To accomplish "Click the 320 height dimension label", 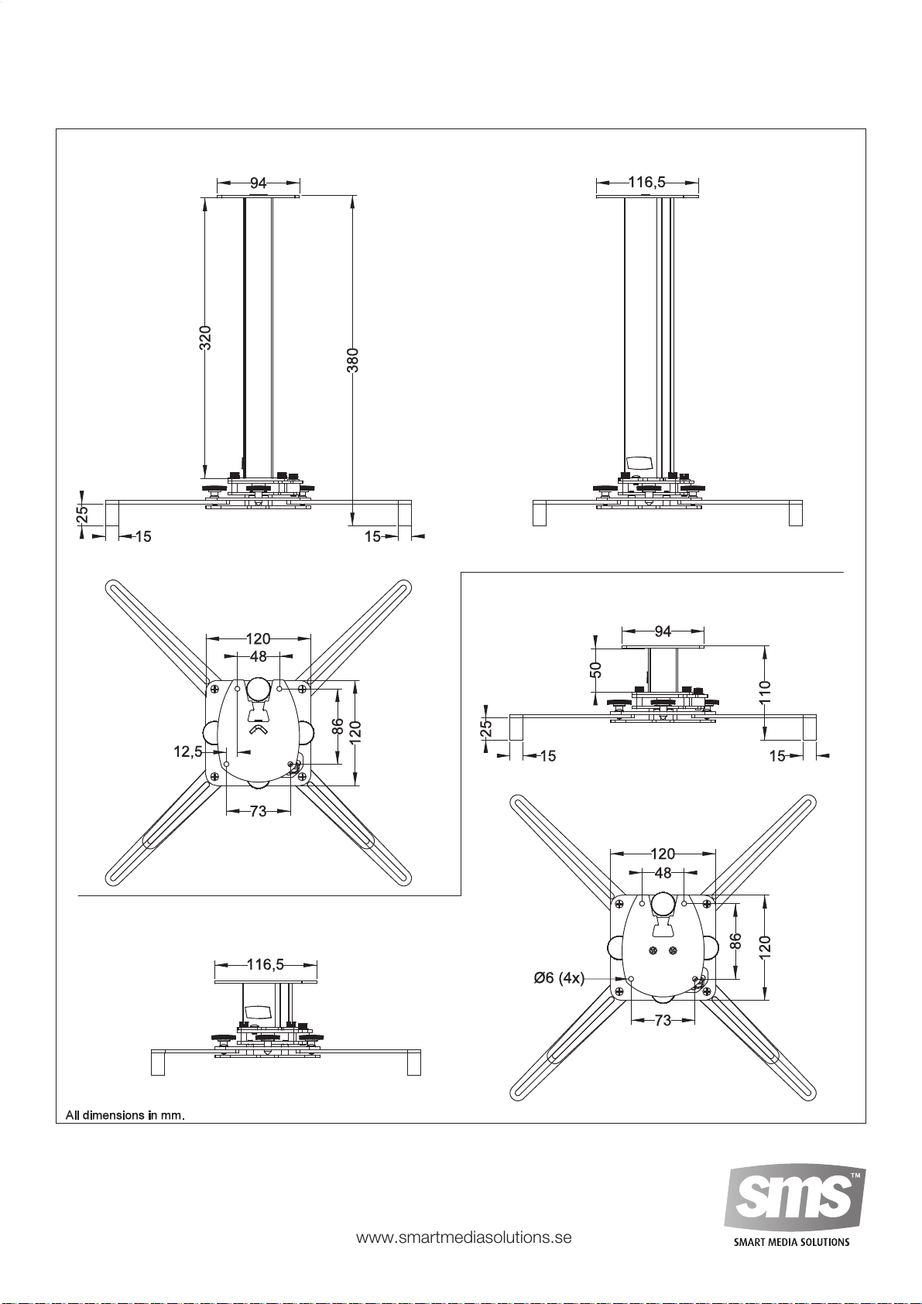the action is point(205,337).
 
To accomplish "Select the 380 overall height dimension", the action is point(353,360).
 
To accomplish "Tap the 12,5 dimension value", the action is point(187,751).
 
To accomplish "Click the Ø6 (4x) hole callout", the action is point(559,978).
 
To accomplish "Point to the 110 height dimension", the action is point(766,692).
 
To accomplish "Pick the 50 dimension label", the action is point(596,670).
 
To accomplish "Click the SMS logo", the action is point(794,1200).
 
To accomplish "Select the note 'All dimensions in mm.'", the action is point(125,1115).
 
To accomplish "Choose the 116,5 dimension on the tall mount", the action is point(646,182).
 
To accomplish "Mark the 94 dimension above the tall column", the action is point(258,183).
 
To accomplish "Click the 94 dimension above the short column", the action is point(663,631).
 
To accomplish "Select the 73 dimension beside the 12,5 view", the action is point(258,811).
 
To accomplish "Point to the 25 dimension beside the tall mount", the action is point(82,514).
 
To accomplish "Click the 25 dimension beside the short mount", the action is point(486,728).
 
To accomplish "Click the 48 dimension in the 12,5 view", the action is point(258,656).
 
